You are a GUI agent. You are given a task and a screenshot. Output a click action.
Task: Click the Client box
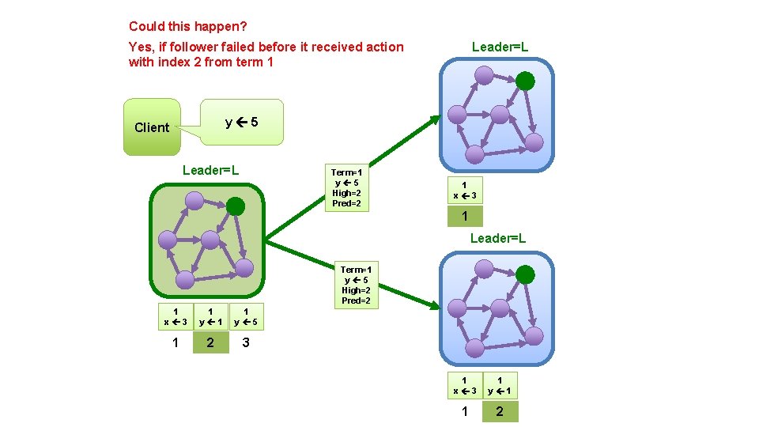point(152,127)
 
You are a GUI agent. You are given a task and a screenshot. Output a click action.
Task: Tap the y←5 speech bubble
point(241,122)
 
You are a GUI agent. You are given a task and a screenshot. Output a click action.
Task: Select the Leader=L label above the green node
point(210,170)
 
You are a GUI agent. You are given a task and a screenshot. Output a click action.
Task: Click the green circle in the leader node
point(236,206)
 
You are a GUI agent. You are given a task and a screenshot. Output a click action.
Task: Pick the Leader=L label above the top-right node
point(500,47)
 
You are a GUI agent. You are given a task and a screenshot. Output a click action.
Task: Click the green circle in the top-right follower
point(525,81)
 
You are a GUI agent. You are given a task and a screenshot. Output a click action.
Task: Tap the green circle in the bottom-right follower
point(525,275)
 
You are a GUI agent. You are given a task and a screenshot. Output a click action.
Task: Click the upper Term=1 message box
point(346,188)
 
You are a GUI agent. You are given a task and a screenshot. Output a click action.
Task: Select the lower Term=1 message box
point(356,285)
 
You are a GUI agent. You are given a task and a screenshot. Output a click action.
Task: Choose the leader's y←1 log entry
point(210,318)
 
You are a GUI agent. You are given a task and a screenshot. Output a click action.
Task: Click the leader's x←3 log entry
point(175,318)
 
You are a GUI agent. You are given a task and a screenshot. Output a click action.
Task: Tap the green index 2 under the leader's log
point(210,343)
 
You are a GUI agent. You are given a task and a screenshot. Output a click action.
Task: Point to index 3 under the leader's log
point(246,343)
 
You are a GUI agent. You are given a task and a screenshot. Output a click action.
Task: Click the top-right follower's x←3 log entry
point(465,191)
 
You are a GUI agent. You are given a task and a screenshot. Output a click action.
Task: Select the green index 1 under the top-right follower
point(465,216)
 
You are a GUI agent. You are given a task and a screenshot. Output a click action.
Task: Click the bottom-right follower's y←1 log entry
point(500,386)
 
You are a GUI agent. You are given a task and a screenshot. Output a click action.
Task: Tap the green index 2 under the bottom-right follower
point(500,411)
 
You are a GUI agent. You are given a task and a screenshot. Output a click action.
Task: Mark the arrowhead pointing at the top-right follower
point(437,119)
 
